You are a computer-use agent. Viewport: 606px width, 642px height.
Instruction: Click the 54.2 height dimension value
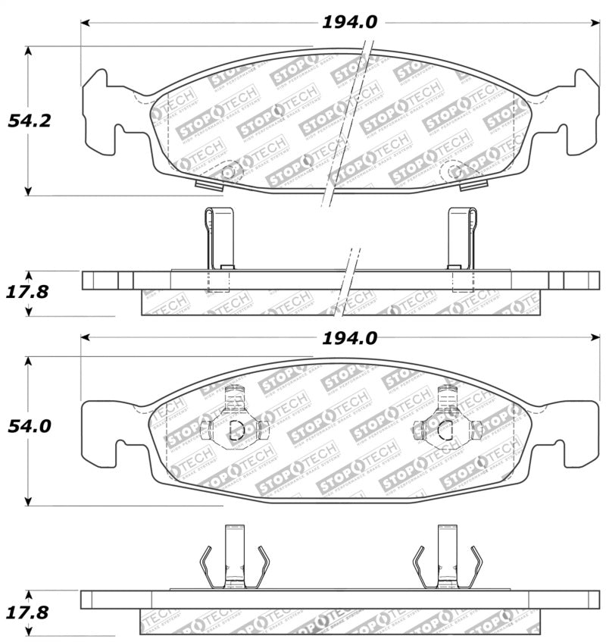[29, 121]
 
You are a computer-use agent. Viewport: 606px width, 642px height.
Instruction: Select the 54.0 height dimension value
[29, 427]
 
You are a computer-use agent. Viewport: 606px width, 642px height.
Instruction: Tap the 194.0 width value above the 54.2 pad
[349, 23]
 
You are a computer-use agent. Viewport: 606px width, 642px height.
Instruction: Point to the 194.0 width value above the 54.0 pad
[349, 339]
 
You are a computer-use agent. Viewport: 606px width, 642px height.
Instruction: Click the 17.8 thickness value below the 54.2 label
[29, 291]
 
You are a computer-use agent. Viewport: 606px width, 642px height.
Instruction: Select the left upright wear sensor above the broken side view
[219, 238]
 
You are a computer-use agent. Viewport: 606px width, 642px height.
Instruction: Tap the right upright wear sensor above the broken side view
[461, 238]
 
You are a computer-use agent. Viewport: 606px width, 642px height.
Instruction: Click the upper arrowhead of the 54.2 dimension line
[29, 51]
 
